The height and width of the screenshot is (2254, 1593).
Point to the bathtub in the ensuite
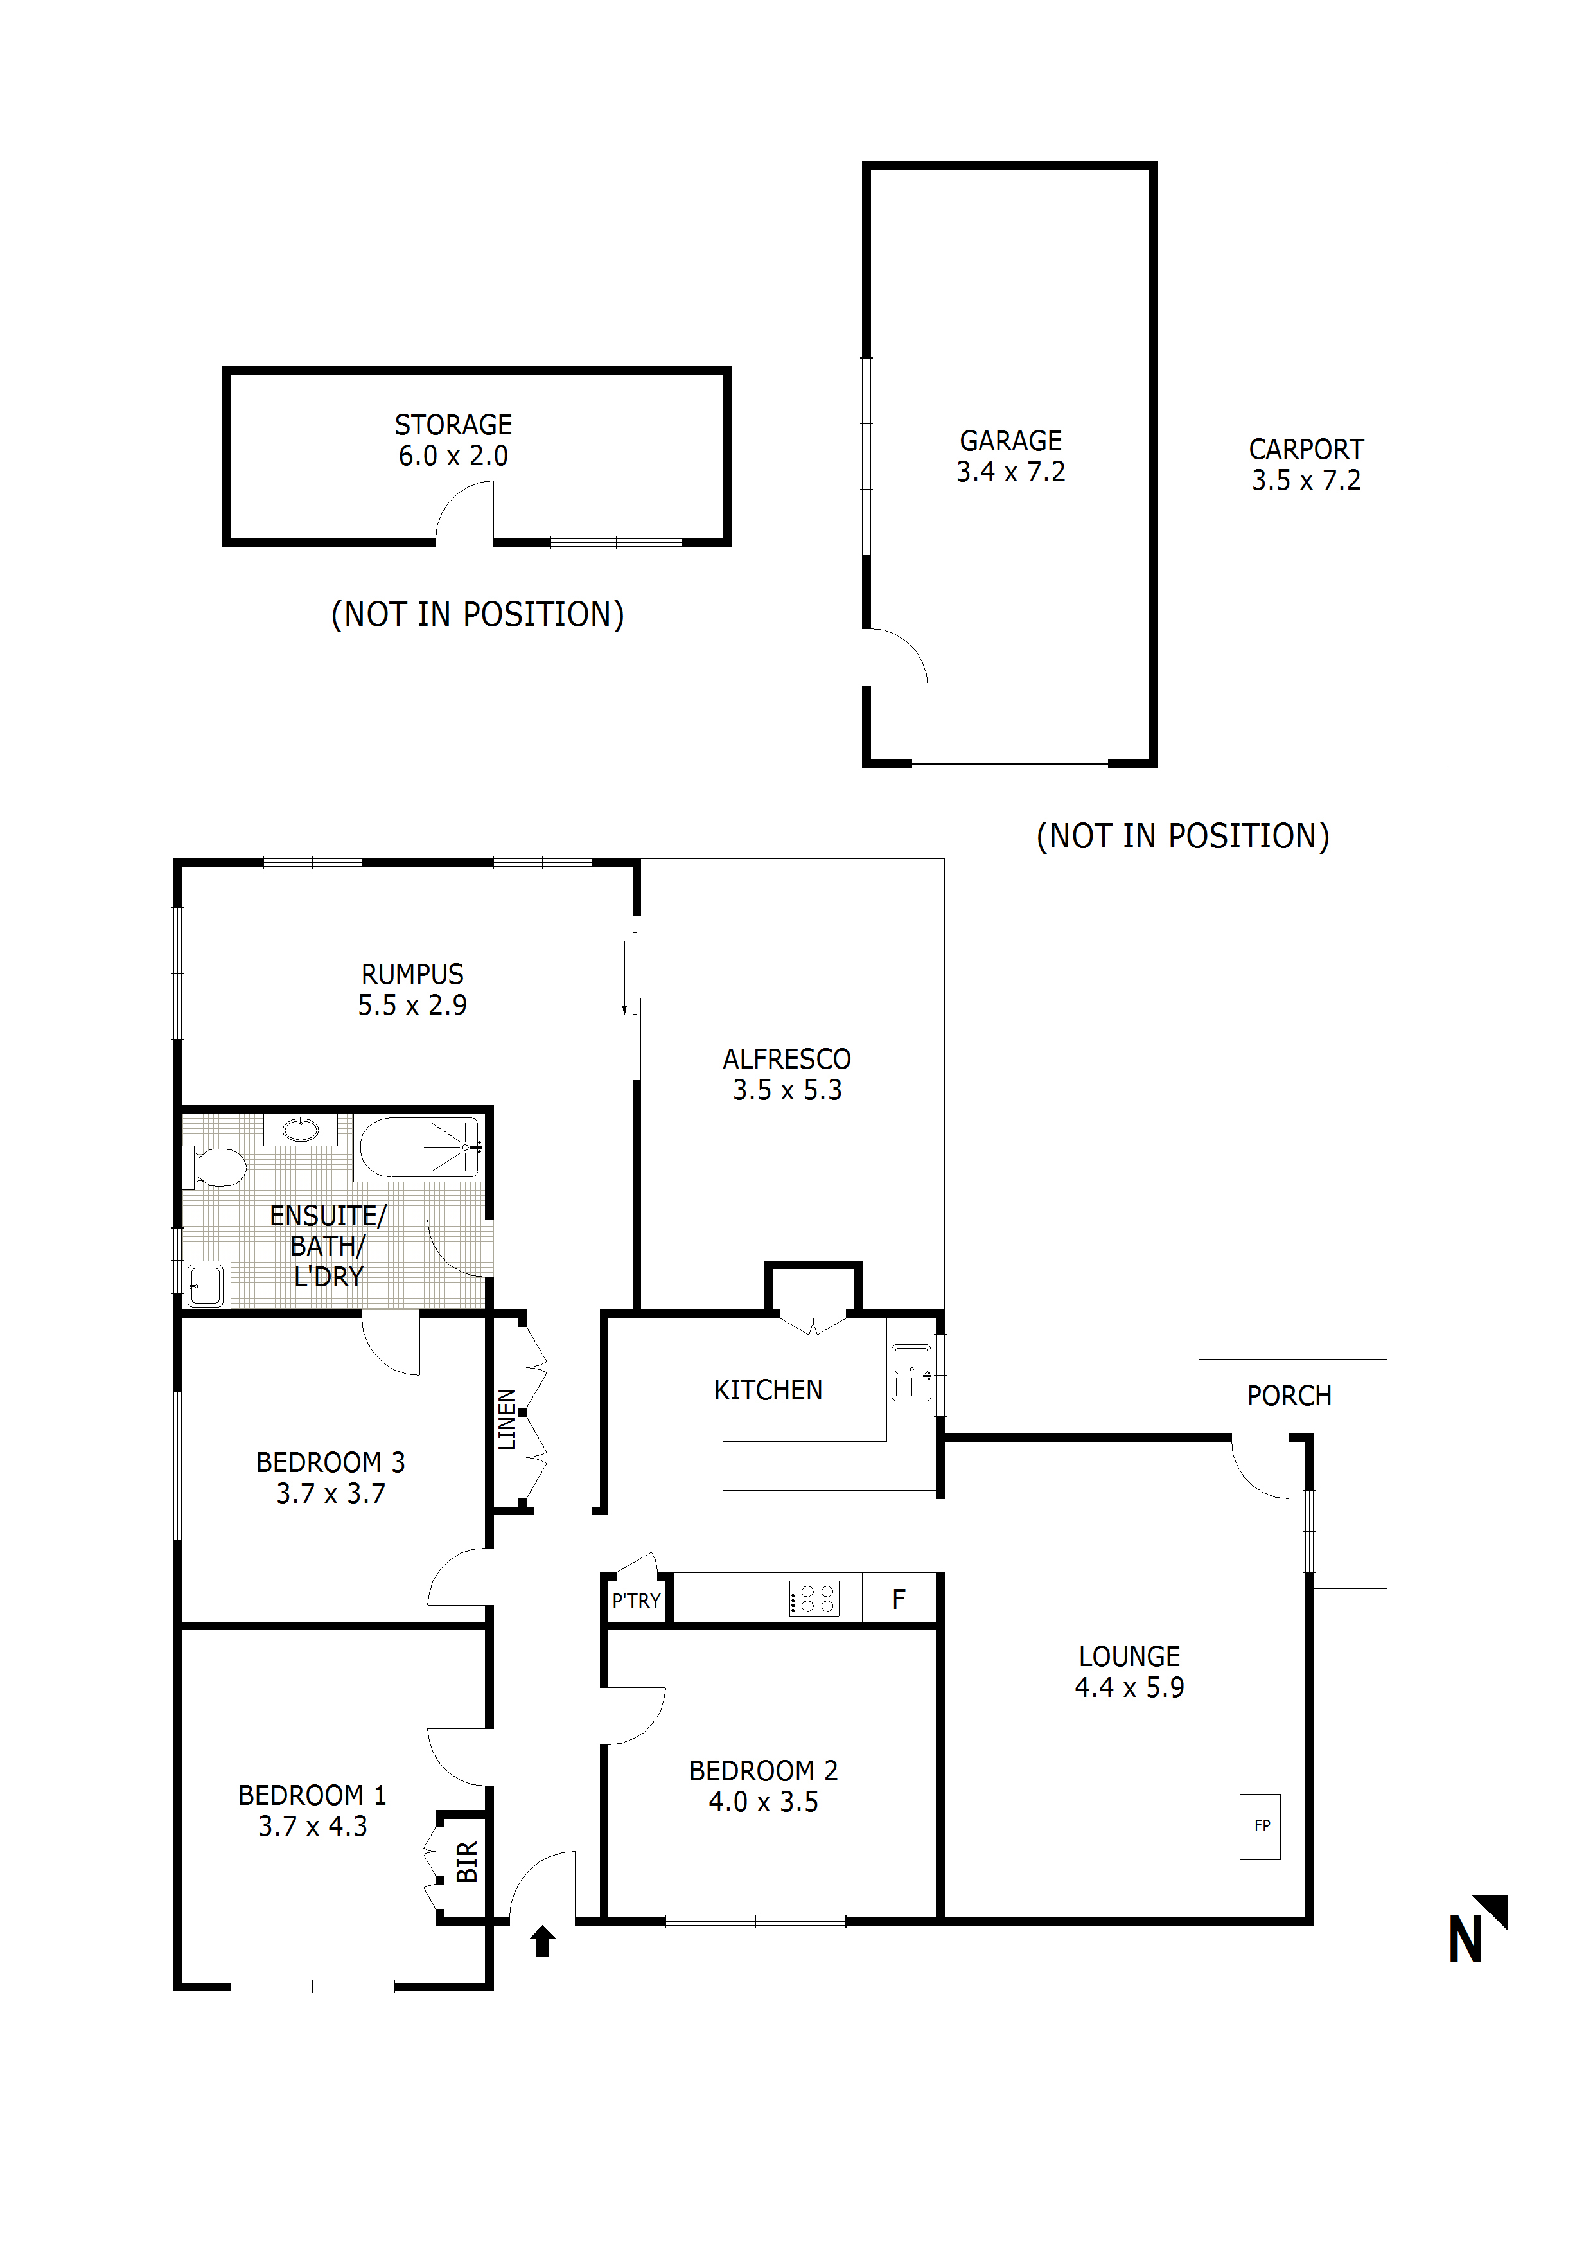click(419, 1147)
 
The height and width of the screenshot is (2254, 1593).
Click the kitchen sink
click(911, 1371)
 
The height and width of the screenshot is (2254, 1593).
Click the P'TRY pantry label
click(636, 1601)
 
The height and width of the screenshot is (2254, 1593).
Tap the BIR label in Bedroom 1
click(467, 1861)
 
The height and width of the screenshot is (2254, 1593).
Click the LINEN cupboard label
click(506, 1419)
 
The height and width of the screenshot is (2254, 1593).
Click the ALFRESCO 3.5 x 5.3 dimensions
click(786, 1090)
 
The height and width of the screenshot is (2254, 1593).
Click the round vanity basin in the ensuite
click(301, 1130)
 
